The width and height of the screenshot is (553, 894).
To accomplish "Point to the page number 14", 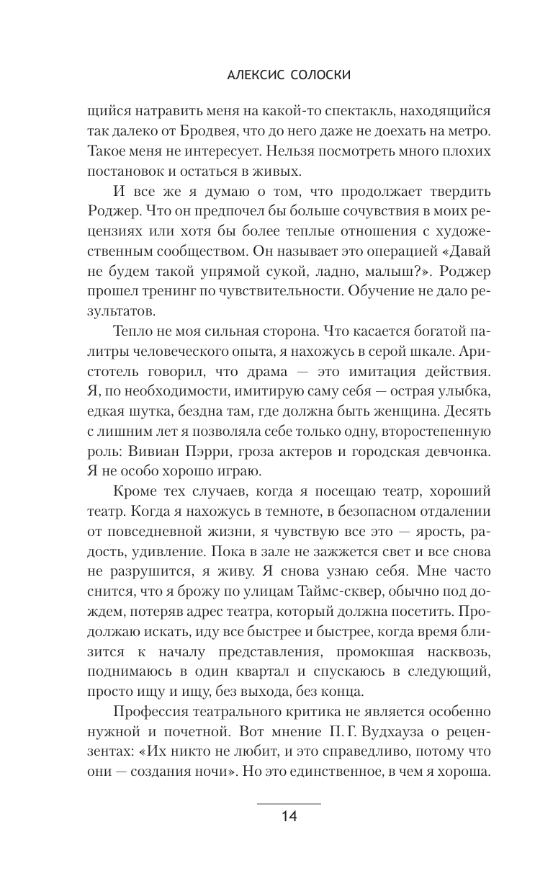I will pyautogui.click(x=289, y=816).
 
